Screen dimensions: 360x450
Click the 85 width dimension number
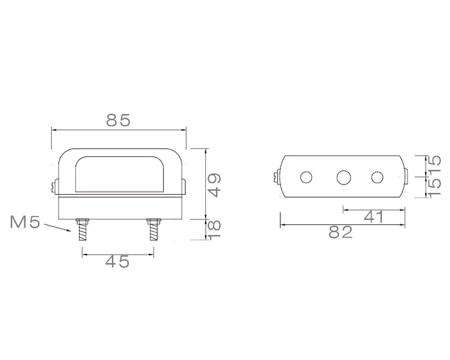(119, 120)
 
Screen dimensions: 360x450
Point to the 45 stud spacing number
(117, 261)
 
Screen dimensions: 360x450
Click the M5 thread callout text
(26, 223)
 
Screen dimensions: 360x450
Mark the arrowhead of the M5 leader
(71, 232)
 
